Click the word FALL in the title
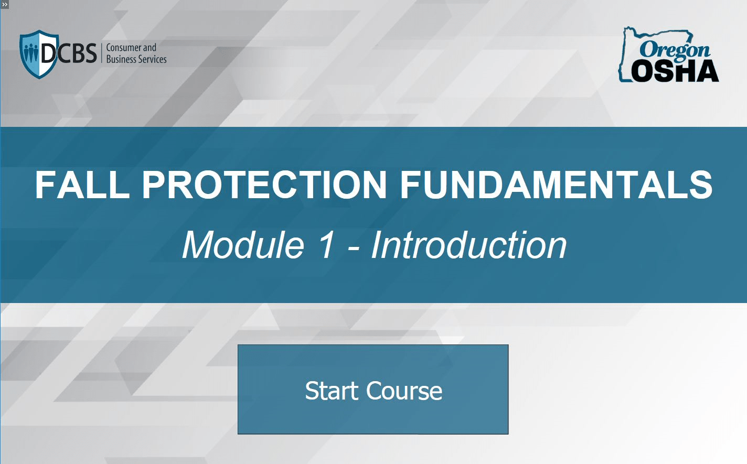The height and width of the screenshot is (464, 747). [x=82, y=185]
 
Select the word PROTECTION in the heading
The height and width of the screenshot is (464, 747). [x=264, y=185]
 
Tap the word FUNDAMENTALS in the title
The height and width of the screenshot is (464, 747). [x=556, y=185]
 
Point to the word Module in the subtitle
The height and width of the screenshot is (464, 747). [x=243, y=245]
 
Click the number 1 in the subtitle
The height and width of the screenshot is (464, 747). [x=326, y=245]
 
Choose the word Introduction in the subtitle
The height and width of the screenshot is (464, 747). [x=469, y=245]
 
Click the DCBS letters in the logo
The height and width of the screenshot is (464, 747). [x=69, y=53]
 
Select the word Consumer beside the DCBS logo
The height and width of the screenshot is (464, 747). [x=124, y=48]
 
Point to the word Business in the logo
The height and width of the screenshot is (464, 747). [x=121, y=59]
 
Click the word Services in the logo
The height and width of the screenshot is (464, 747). [x=153, y=59]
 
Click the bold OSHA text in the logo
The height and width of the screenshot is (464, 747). [x=675, y=71]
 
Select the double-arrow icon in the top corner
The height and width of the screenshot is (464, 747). [x=5, y=4]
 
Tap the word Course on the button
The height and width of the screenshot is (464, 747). [x=404, y=391]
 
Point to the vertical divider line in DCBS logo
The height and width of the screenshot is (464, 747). [x=101, y=53]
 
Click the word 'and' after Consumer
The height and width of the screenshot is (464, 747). [x=150, y=48]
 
